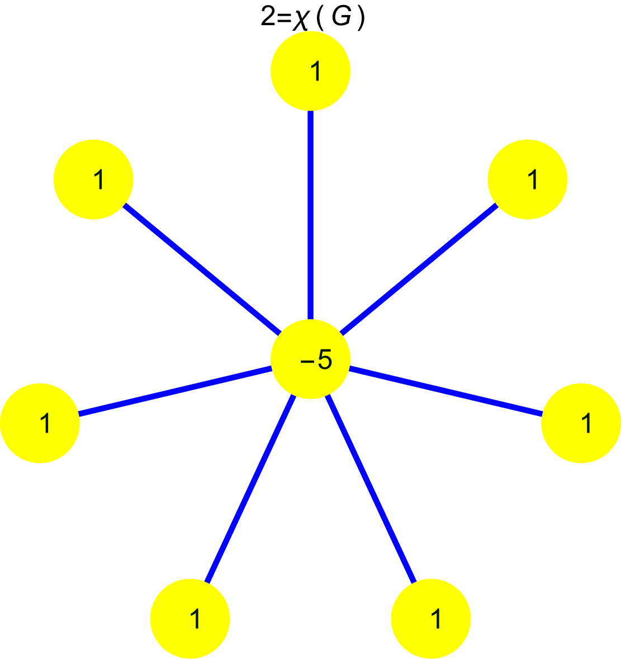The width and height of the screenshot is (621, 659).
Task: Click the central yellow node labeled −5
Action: (310, 359)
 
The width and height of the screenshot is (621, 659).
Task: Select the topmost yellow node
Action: (310, 70)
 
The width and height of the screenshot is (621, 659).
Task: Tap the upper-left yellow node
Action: (93, 179)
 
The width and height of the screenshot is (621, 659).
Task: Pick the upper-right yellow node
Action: (528, 179)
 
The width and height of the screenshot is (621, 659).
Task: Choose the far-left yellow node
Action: (40, 423)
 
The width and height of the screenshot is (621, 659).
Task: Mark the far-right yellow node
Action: (581, 423)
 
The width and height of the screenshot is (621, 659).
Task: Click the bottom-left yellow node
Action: (190, 619)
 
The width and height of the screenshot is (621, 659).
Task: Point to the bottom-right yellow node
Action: (431, 619)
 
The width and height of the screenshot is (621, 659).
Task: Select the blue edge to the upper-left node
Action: (201, 268)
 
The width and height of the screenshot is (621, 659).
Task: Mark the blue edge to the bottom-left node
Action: (250, 489)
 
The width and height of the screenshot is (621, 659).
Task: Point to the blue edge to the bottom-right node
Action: (371, 489)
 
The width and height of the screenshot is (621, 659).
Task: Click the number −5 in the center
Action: (316, 361)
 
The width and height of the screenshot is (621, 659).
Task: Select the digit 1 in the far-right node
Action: (586, 424)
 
